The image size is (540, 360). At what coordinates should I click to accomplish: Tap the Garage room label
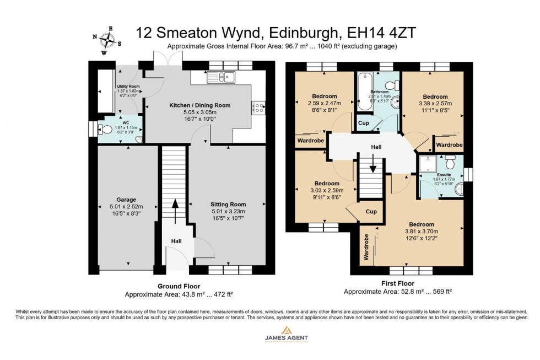[x=126, y=200]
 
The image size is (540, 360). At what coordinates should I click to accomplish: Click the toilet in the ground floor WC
[x=103, y=129]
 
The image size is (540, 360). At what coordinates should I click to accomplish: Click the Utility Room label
[x=128, y=87]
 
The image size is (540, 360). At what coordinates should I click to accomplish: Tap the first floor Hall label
[x=376, y=147]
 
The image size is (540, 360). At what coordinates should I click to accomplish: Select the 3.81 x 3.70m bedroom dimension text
[x=420, y=232]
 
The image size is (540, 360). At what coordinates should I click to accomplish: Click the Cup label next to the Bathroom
[x=363, y=123]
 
